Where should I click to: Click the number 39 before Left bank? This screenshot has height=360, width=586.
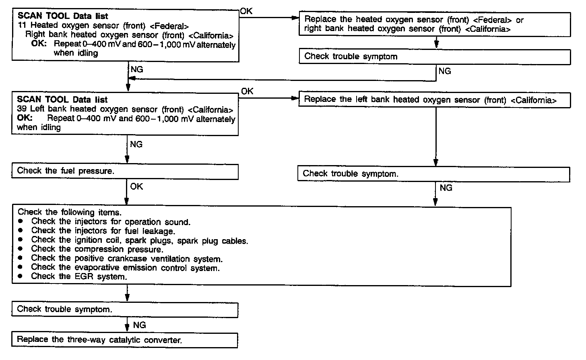pyautogui.click(x=21, y=109)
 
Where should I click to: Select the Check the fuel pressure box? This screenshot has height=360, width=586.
pyautogui.click(x=125, y=171)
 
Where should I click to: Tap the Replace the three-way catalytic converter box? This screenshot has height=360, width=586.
pyautogui.click(x=125, y=340)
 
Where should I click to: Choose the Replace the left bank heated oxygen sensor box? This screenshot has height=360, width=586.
pyautogui.click(x=434, y=100)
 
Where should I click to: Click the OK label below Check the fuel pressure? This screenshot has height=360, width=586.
pyautogui.click(x=136, y=186)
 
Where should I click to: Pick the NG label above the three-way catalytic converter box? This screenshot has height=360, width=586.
pyautogui.click(x=139, y=325)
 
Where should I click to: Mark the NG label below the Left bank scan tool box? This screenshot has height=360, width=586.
pyautogui.click(x=136, y=144)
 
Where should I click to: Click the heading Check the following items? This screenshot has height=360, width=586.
pyautogui.click(x=70, y=212)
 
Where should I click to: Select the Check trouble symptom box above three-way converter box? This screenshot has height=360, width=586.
pyautogui.click(x=125, y=309)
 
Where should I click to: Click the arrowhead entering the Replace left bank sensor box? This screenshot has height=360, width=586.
pyautogui.click(x=295, y=99)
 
